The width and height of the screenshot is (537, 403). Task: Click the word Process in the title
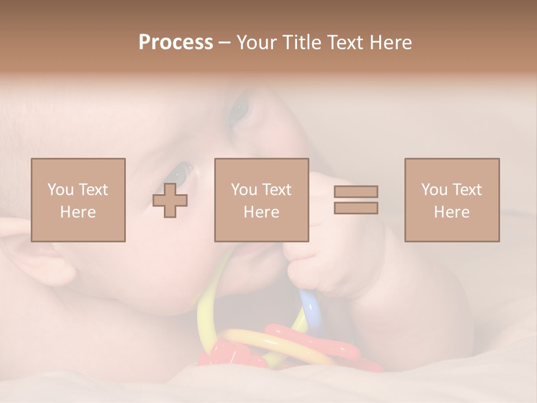(176, 43)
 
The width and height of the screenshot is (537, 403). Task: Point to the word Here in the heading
(390, 43)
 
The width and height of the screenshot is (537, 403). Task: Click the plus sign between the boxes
(170, 200)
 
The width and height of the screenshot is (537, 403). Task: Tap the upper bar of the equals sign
(356, 191)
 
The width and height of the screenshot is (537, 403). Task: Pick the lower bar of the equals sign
(356, 208)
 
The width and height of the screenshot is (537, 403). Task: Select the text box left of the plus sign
(78, 200)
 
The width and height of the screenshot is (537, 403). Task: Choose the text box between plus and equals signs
(261, 200)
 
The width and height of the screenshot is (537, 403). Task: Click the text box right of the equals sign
(452, 200)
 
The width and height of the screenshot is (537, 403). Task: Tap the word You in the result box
(434, 190)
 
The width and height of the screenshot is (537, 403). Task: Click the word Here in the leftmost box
(78, 212)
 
